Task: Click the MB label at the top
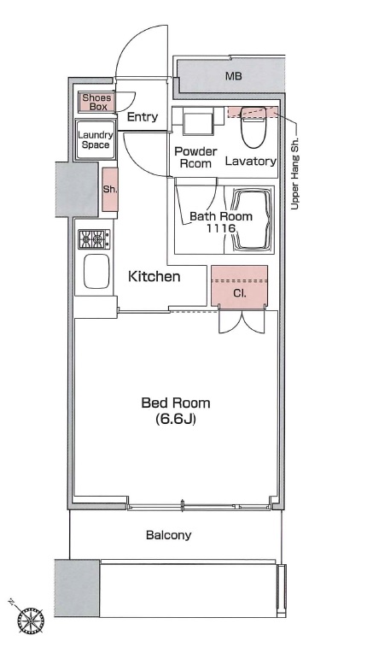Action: click(x=234, y=76)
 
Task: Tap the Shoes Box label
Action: click(x=96, y=102)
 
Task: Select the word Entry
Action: click(x=143, y=117)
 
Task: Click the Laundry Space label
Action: click(x=96, y=140)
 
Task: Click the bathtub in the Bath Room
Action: click(x=253, y=220)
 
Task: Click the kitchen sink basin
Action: click(x=96, y=271)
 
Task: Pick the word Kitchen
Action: click(x=154, y=276)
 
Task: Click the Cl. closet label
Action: click(x=239, y=293)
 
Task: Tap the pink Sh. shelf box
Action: click(x=110, y=189)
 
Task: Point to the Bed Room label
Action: click(x=176, y=403)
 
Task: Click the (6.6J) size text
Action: click(x=176, y=419)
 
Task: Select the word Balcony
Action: click(x=169, y=535)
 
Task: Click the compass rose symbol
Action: click(x=31, y=621)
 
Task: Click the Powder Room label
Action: click(x=195, y=157)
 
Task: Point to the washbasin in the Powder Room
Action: click(x=198, y=121)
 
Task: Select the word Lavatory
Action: click(x=251, y=162)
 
